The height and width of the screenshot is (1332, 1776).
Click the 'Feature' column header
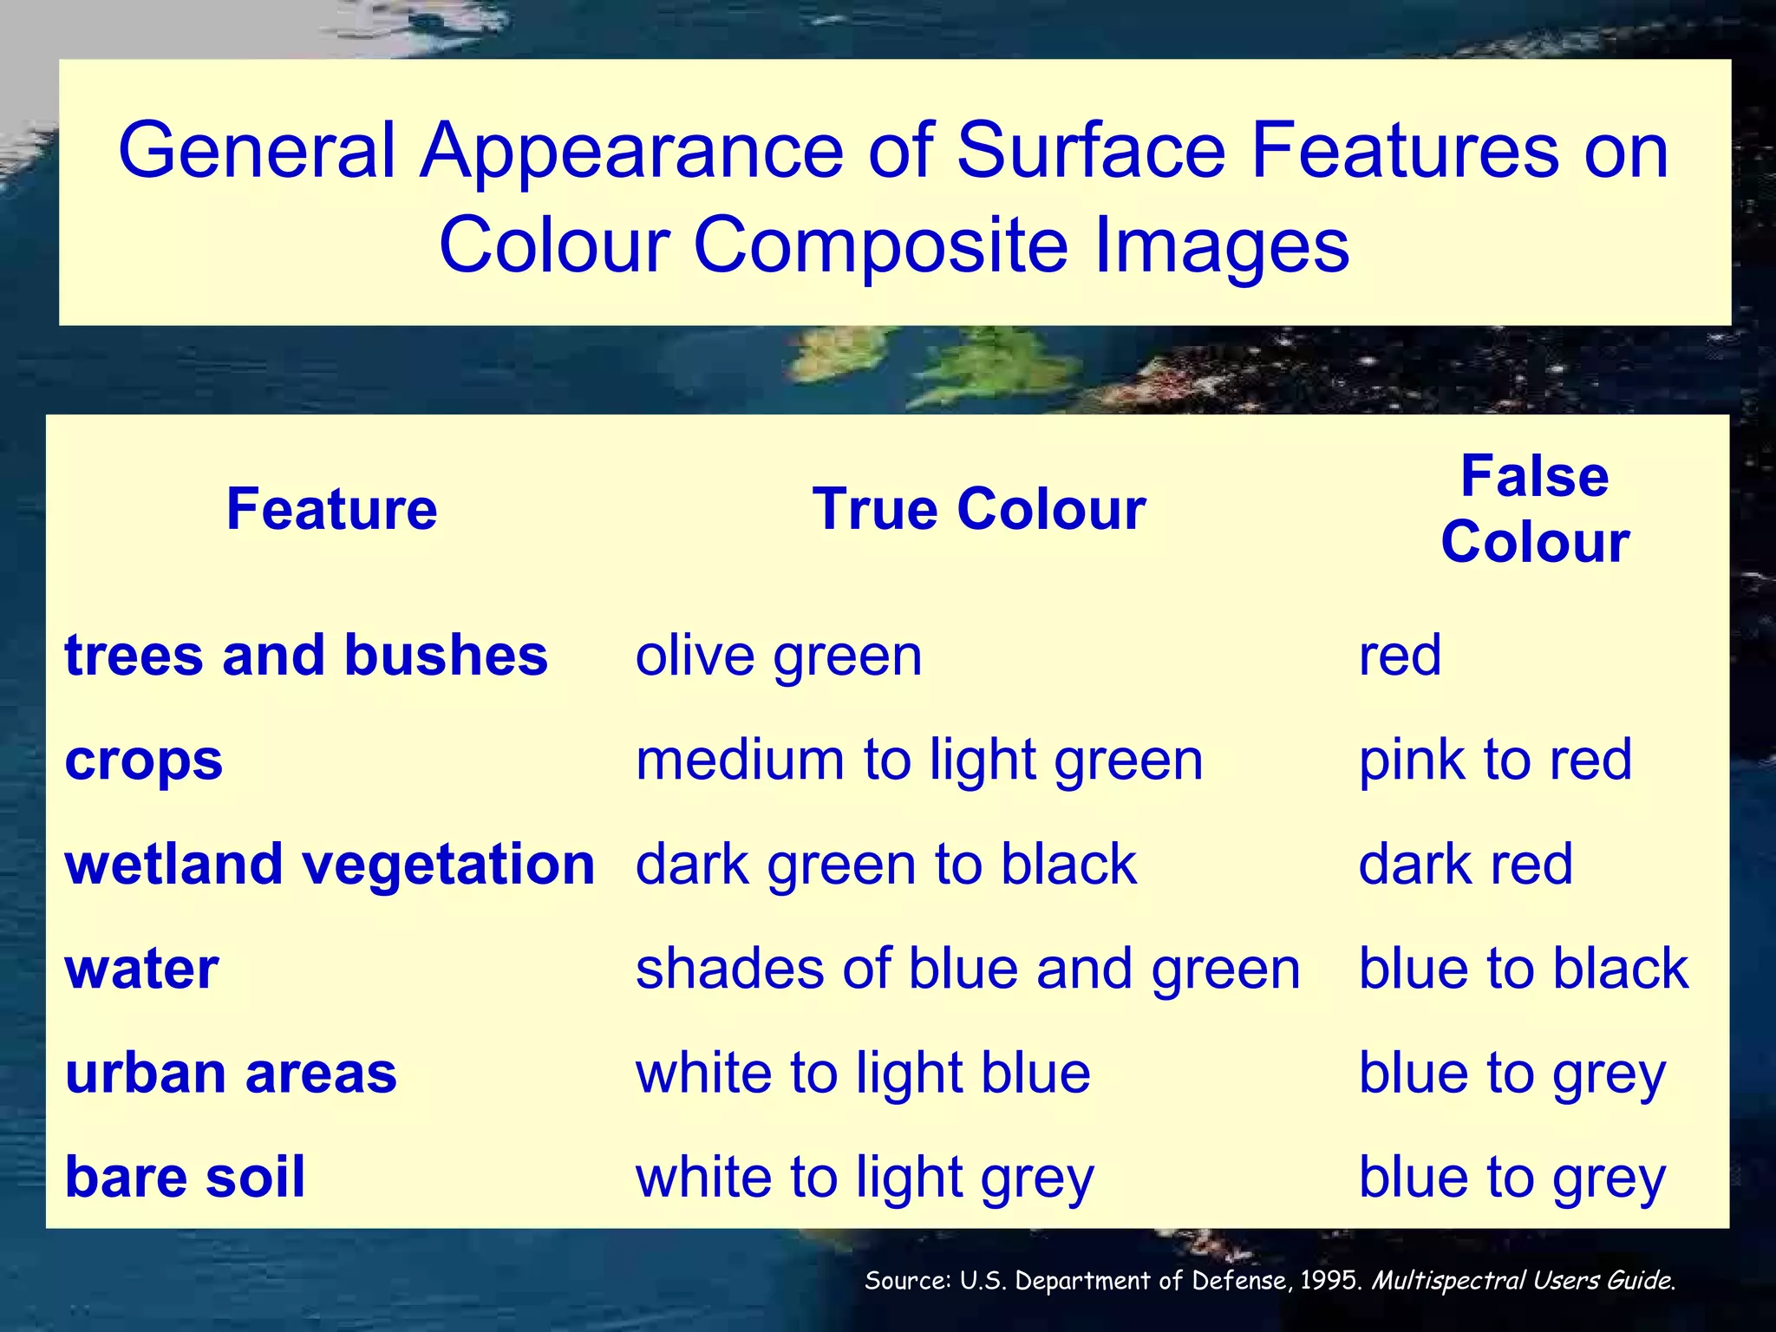(x=331, y=509)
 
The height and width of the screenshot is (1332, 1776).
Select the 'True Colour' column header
(x=979, y=509)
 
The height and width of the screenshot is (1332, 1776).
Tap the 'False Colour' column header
(x=1535, y=509)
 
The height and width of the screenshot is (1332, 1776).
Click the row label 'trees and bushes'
(x=306, y=655)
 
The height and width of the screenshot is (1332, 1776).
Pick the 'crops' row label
(x=144, y=760)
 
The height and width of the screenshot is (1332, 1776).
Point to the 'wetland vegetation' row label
(x=330, y=864)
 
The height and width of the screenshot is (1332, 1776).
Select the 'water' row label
(x=141, y=969)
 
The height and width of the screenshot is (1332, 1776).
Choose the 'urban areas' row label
(x=231, y=1073)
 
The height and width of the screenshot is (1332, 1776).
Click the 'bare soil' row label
(x=185, y=1177)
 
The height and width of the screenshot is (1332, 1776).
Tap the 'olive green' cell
(x=779, y=656)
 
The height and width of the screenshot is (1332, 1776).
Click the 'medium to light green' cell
(x=919, y=760)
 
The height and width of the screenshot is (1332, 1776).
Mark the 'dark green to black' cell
(x=885, y=865)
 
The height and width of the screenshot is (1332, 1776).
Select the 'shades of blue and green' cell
(x=968, y=969)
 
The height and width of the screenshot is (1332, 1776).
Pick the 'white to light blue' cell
(x=863, y=1073)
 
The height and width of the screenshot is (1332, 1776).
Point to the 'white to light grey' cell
(x=865, y=1178)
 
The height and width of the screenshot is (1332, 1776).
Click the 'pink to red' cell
(x=1495, y=760)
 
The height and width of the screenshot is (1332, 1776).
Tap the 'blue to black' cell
(x=1524, y=969)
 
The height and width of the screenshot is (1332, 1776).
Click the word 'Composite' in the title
(x=882, y=245)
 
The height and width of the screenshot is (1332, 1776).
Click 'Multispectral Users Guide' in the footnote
(x=1523, y=1281)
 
